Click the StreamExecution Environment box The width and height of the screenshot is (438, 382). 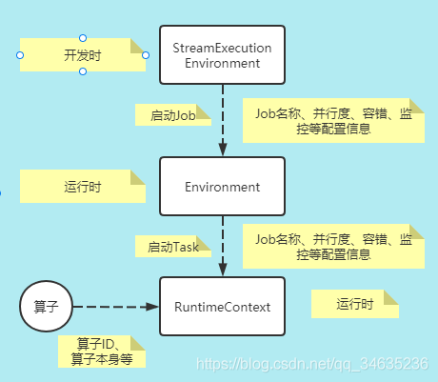pyautogui.click(x=222, y=55)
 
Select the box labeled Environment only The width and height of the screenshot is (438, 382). pyautogui.click(x=222, y=186)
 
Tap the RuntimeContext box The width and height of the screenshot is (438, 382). pyautogui.click(x=222, y=306)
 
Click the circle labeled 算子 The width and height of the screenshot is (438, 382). pyautogui.click(x=47, y=307)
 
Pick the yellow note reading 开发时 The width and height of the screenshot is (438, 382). pyautogui.click(x=82, y=55)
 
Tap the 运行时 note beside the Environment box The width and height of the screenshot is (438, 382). pyautogui.click(x=83, y=187)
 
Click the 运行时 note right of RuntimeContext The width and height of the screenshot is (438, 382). pyautogui.click(x=354, y=304)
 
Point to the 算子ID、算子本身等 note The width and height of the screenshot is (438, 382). pyautogui.click(x=102, y=351)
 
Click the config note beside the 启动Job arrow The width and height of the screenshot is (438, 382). pyautogui.click(x=333, y=119)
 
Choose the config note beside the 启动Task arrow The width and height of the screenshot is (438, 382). pyautogui.click(x=333, y=247)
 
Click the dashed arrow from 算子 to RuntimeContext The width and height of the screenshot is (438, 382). pyautogui.click(x=114, y=307)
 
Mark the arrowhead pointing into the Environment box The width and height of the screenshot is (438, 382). pyautogui.click(x=222, y=150)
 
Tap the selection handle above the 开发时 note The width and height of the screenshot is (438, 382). pyautogui.click(x=83, y=38)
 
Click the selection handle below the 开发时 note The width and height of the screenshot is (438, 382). pyautogui.click(x=83, y=72)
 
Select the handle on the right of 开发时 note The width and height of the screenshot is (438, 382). pyautogui.click(x=146, y=55)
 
